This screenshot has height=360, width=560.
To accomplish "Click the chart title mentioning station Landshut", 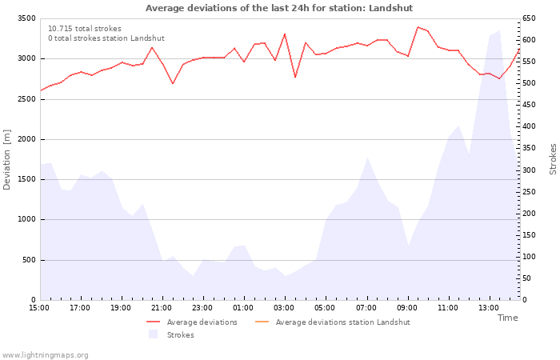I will pos(279,8).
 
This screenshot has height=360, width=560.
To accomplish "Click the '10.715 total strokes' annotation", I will pos(85,29).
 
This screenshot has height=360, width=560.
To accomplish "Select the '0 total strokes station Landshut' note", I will pos(106,38).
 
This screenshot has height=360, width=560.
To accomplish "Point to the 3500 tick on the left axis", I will pos(26,18).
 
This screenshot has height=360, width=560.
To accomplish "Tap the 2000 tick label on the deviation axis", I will pos(26,139).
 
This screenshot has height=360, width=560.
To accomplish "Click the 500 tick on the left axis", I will pos(28,260).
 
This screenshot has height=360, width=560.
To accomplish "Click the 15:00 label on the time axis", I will pos(39,308).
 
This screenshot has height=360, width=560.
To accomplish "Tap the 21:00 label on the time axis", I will pos(162,308).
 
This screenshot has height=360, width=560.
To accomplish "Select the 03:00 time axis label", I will pos(284,308).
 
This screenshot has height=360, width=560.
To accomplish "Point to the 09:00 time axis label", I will pos(406,308).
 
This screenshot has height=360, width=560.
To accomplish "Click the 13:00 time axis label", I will pos(489,308).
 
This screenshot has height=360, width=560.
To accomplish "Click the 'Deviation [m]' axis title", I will pos(7,159).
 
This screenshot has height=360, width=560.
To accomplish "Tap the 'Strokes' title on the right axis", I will pos(553,159).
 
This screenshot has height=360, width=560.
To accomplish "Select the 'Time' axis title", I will pos(507,318).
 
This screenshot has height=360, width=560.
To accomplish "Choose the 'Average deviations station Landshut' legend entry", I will pos(342,322).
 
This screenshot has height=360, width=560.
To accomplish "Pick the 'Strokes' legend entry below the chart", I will pos(180,335).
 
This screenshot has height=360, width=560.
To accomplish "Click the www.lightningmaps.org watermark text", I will pos(46,354).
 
